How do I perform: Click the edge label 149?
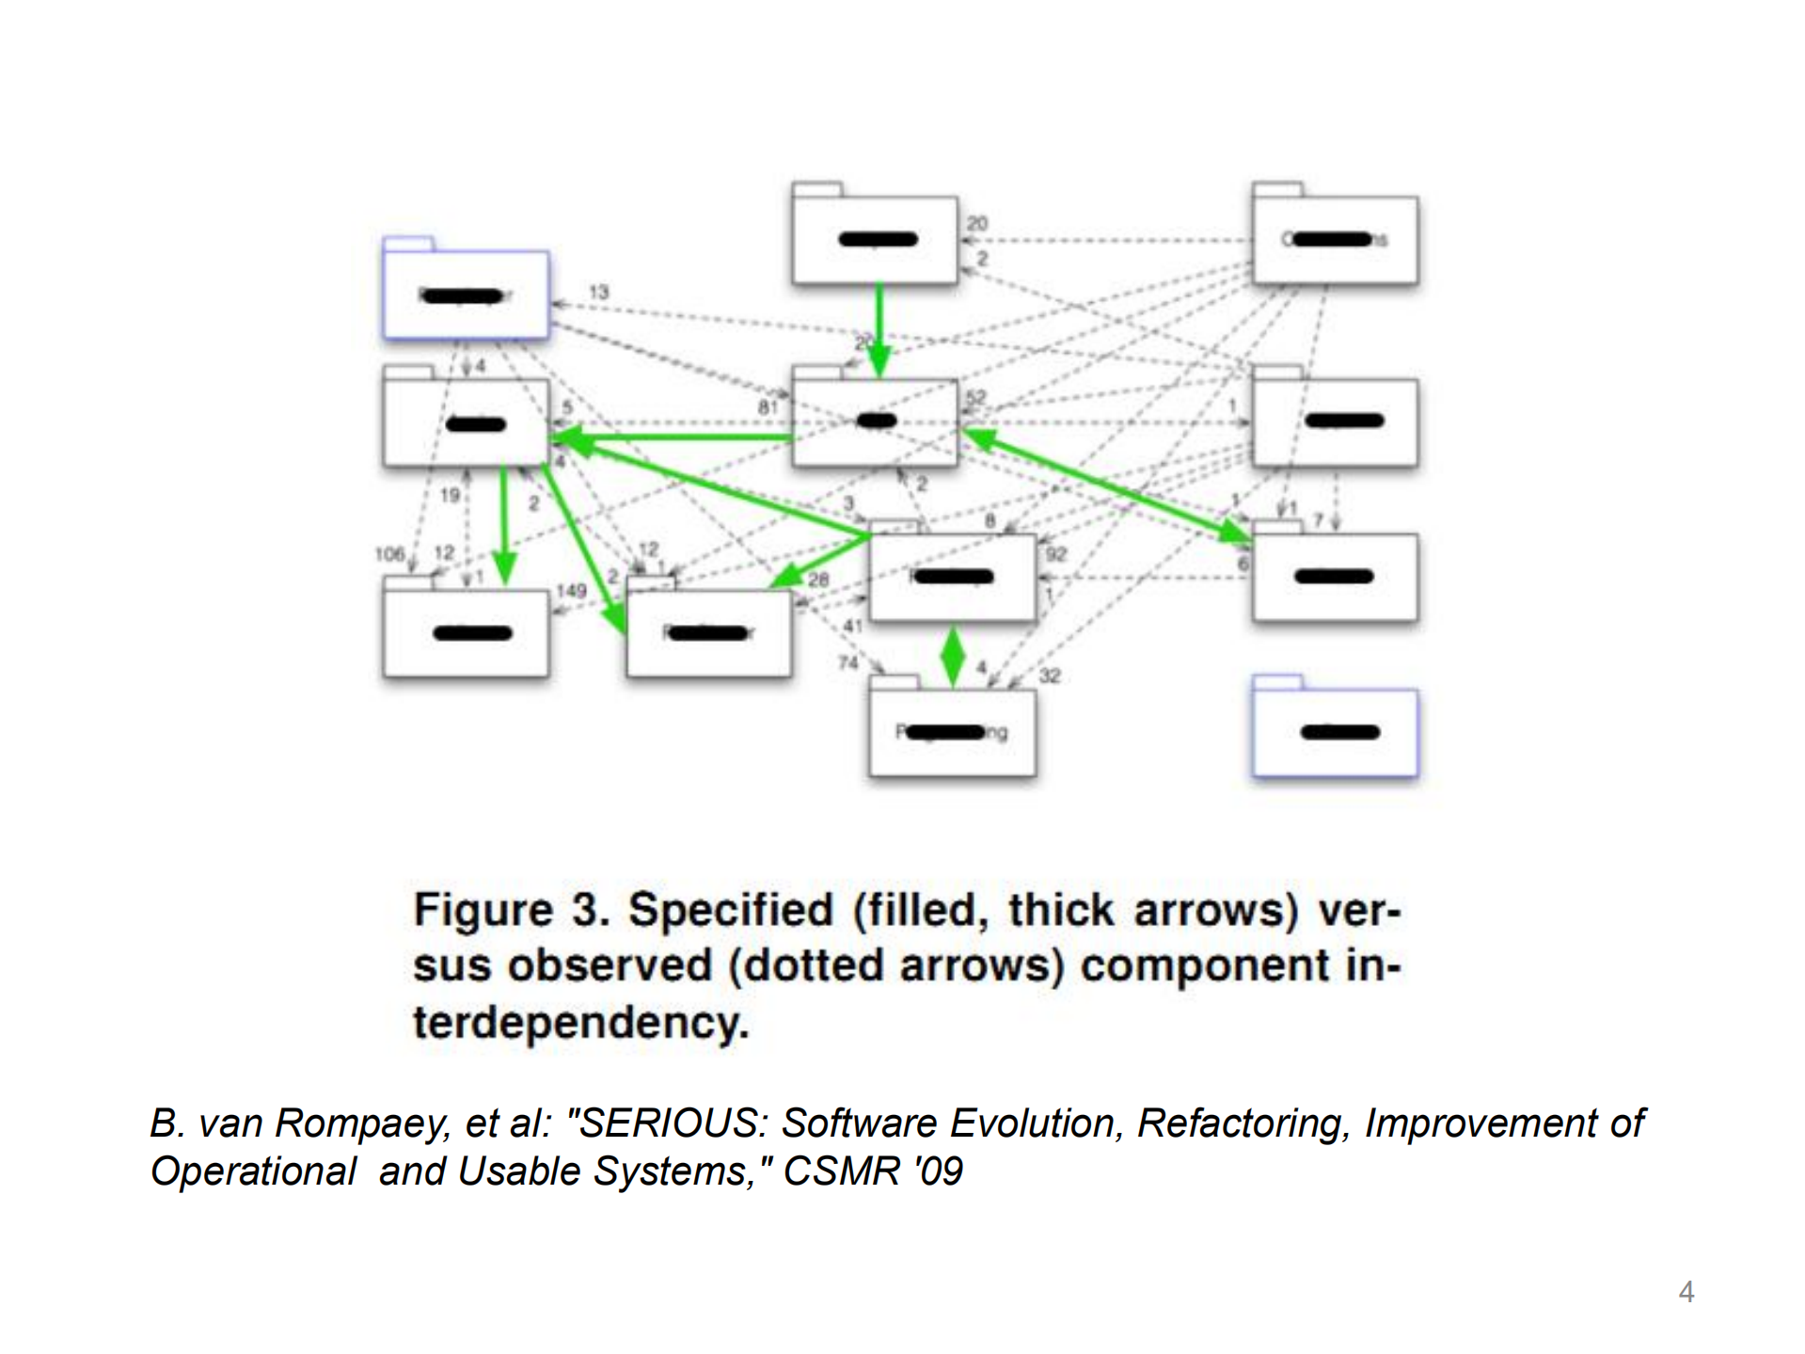pyautogui.click(x=571, y=591)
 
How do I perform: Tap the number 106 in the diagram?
pyautogui.click(x=388, y=554)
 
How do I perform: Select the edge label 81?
pyautogui.click(x=768, y=407)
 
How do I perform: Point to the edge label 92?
pyautogui.click(x=1055, y=554)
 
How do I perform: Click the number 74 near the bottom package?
pyautogui.click(x=848, y=662)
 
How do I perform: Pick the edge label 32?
pyautogui.click(x=1050, y=676)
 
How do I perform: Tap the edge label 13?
pyautogui.click(x=598, y=292)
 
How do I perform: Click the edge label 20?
pyautogui.click(x=977, y=223)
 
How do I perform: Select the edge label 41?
pyautogui.click(x=852, y=626)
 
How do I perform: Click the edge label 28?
pyautogui.click(x=818, y=580)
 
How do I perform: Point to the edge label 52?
pyautogui.click(x=975, y=398)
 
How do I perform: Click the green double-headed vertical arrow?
pyautogui.click(x=953, y=656)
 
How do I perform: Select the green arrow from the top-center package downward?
pyautogui.click(x=879, y=329)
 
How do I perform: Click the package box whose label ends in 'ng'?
pyautogui.click(x=952, y=732)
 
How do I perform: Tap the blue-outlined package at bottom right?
pyautogui.click(x=1335, y=732)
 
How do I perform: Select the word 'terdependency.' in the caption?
pyautogui.click(x=580, y=1022)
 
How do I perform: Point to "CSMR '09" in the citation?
pyautogui.click(x=873, y=1171)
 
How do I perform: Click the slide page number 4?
pyautogui.click(x=1686, y=1292)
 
